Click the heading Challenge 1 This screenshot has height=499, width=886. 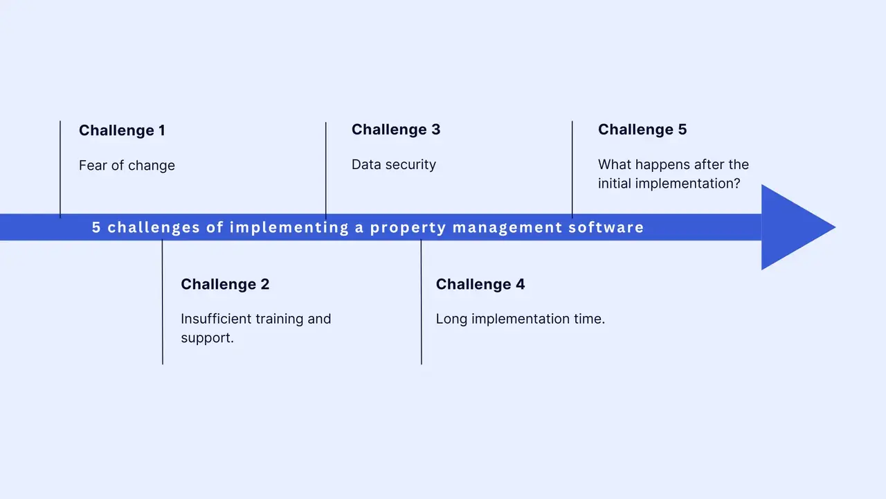pos(122,130)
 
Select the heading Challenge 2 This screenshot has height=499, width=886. pos(225,284)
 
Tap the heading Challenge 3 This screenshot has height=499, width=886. pos(396,130)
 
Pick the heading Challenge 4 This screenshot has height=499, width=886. pos(480,284)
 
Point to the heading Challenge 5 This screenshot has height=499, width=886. pos(642,130)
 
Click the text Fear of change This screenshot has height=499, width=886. pos(127,166)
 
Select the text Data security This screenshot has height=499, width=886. pos(394,165)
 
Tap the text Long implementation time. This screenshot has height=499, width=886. pos(521,319)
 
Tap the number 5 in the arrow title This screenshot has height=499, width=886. pos(96,227)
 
